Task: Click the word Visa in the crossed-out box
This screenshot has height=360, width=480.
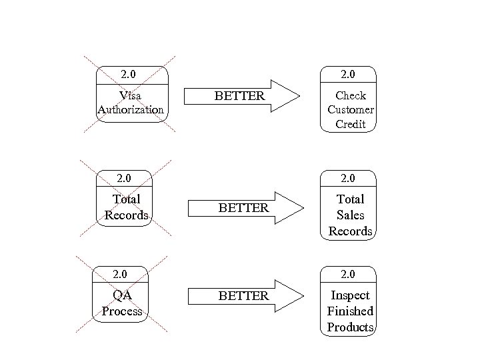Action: tap(130, 96)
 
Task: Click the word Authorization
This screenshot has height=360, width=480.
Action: tap(131, 109)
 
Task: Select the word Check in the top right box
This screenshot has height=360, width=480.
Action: tap(351, 95)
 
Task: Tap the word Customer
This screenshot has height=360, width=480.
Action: tap(351, 109)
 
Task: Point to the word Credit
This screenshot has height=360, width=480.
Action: tap(351, 124)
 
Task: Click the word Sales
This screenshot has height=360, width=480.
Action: tap(351, 215)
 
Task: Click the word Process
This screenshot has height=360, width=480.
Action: tap(122, 311)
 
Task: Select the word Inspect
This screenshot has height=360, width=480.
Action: tap(351, 295)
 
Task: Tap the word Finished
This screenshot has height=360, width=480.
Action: tap(351, 311)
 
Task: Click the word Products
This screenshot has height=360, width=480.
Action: tap(351, 327)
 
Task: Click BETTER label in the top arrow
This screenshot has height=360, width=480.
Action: tap(239, 97)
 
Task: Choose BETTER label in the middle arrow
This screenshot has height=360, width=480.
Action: tap(243, 208)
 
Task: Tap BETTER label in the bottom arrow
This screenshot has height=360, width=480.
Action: tap(243, 295)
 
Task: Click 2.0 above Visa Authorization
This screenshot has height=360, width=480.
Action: tap(128, 73)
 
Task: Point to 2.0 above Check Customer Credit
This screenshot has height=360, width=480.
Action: tap(348, 73)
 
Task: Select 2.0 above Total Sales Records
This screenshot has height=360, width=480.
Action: tap(348, 178)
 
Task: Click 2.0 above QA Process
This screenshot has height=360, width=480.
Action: tap(120, 274)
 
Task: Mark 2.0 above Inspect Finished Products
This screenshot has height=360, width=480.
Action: tap(348, 274)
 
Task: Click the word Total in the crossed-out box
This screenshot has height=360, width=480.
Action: tap(126, 199)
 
